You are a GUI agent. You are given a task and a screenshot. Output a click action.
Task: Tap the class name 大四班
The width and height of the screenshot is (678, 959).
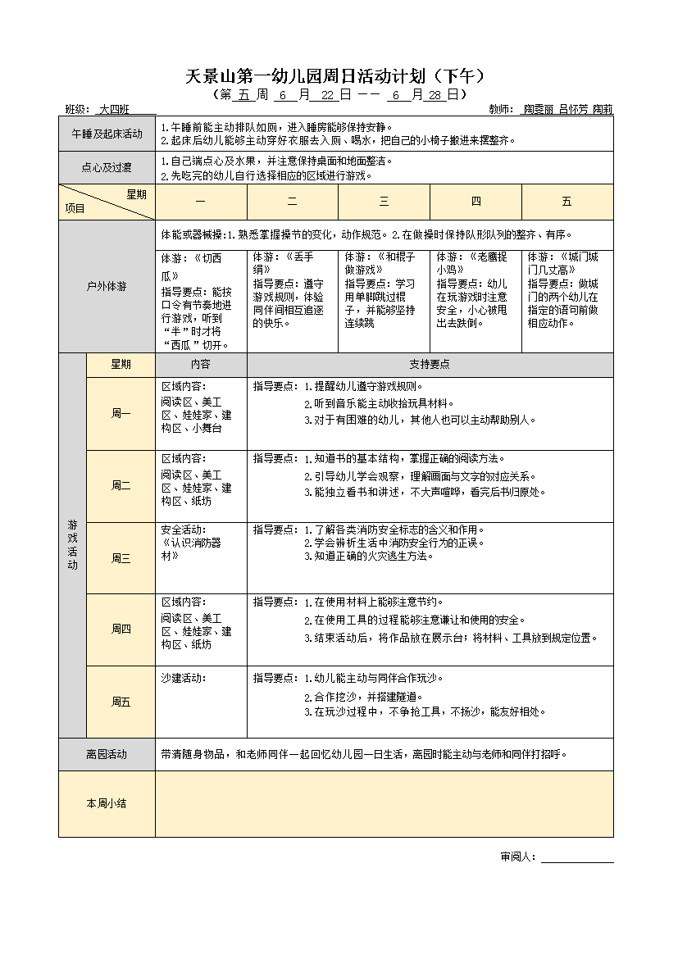114,109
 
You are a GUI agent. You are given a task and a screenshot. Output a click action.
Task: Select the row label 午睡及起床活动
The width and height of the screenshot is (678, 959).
107,134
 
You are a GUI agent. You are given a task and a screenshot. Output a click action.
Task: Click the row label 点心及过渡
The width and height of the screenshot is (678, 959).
107,168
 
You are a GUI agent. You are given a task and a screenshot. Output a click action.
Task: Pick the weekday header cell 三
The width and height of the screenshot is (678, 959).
384,202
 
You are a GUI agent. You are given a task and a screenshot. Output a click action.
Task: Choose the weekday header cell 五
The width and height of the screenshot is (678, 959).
567,202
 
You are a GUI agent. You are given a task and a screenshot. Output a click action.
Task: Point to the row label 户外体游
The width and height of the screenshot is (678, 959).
107,287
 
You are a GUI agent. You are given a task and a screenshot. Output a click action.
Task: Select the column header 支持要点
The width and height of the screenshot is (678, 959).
430,365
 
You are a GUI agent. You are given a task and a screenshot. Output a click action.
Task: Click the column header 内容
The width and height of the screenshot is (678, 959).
201,365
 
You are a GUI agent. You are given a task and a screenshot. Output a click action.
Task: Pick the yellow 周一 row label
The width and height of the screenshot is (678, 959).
121,414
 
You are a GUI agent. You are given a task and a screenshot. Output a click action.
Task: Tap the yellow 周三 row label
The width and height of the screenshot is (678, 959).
121,558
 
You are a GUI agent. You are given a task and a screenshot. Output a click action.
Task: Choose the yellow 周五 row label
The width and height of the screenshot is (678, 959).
121,702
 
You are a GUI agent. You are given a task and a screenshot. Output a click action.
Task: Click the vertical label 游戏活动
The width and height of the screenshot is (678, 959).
72,544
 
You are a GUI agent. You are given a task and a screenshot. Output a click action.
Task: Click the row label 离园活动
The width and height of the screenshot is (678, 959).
107,754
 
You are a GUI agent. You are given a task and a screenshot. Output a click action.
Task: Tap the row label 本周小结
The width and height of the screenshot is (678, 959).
107,803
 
